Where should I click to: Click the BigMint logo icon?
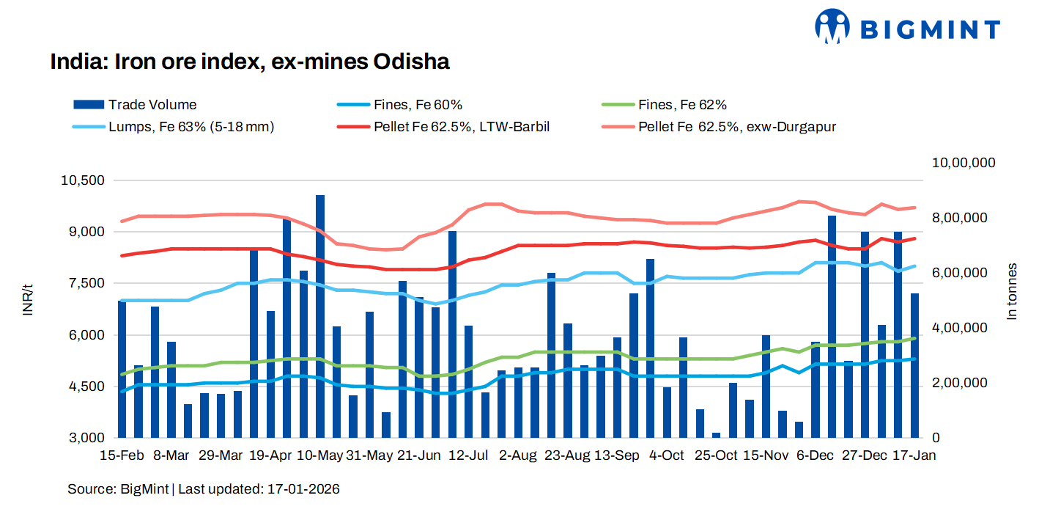[832, 27]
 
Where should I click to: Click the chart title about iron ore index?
[249, 62]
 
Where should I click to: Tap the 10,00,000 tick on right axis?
[963, 163]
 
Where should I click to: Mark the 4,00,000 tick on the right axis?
[959, 328]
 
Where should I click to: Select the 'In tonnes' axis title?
[1012, 291]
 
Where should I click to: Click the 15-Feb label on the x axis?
[121, 455]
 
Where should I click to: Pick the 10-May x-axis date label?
[320, 455]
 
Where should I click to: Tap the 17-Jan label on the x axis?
[914, 455]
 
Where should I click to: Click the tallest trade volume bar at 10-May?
[320, 315]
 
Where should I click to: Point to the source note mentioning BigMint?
[204, 488]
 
